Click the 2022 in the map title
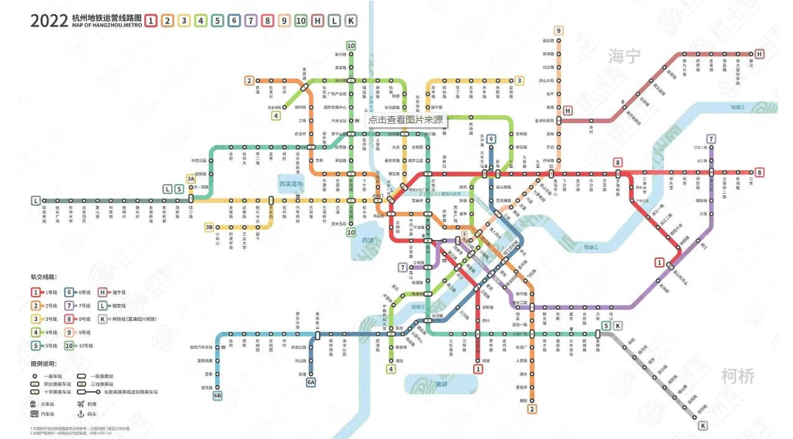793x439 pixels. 49,20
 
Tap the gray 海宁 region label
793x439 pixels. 624,57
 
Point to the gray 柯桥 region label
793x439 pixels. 738,376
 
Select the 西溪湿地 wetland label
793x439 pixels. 290,184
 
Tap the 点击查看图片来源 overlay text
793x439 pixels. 406,119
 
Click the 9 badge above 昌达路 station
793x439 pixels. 559,30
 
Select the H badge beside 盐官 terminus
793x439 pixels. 759,54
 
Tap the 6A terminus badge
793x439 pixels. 311,382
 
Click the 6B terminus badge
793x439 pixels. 218,395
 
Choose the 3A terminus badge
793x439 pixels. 191,178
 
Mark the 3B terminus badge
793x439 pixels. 209,227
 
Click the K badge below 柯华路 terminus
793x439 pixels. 703,426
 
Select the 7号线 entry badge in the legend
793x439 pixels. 69,305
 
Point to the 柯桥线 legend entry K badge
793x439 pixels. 102,319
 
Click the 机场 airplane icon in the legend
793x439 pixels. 80,404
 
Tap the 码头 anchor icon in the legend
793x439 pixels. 80,414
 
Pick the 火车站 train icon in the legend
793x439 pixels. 35,404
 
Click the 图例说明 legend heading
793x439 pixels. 44,364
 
